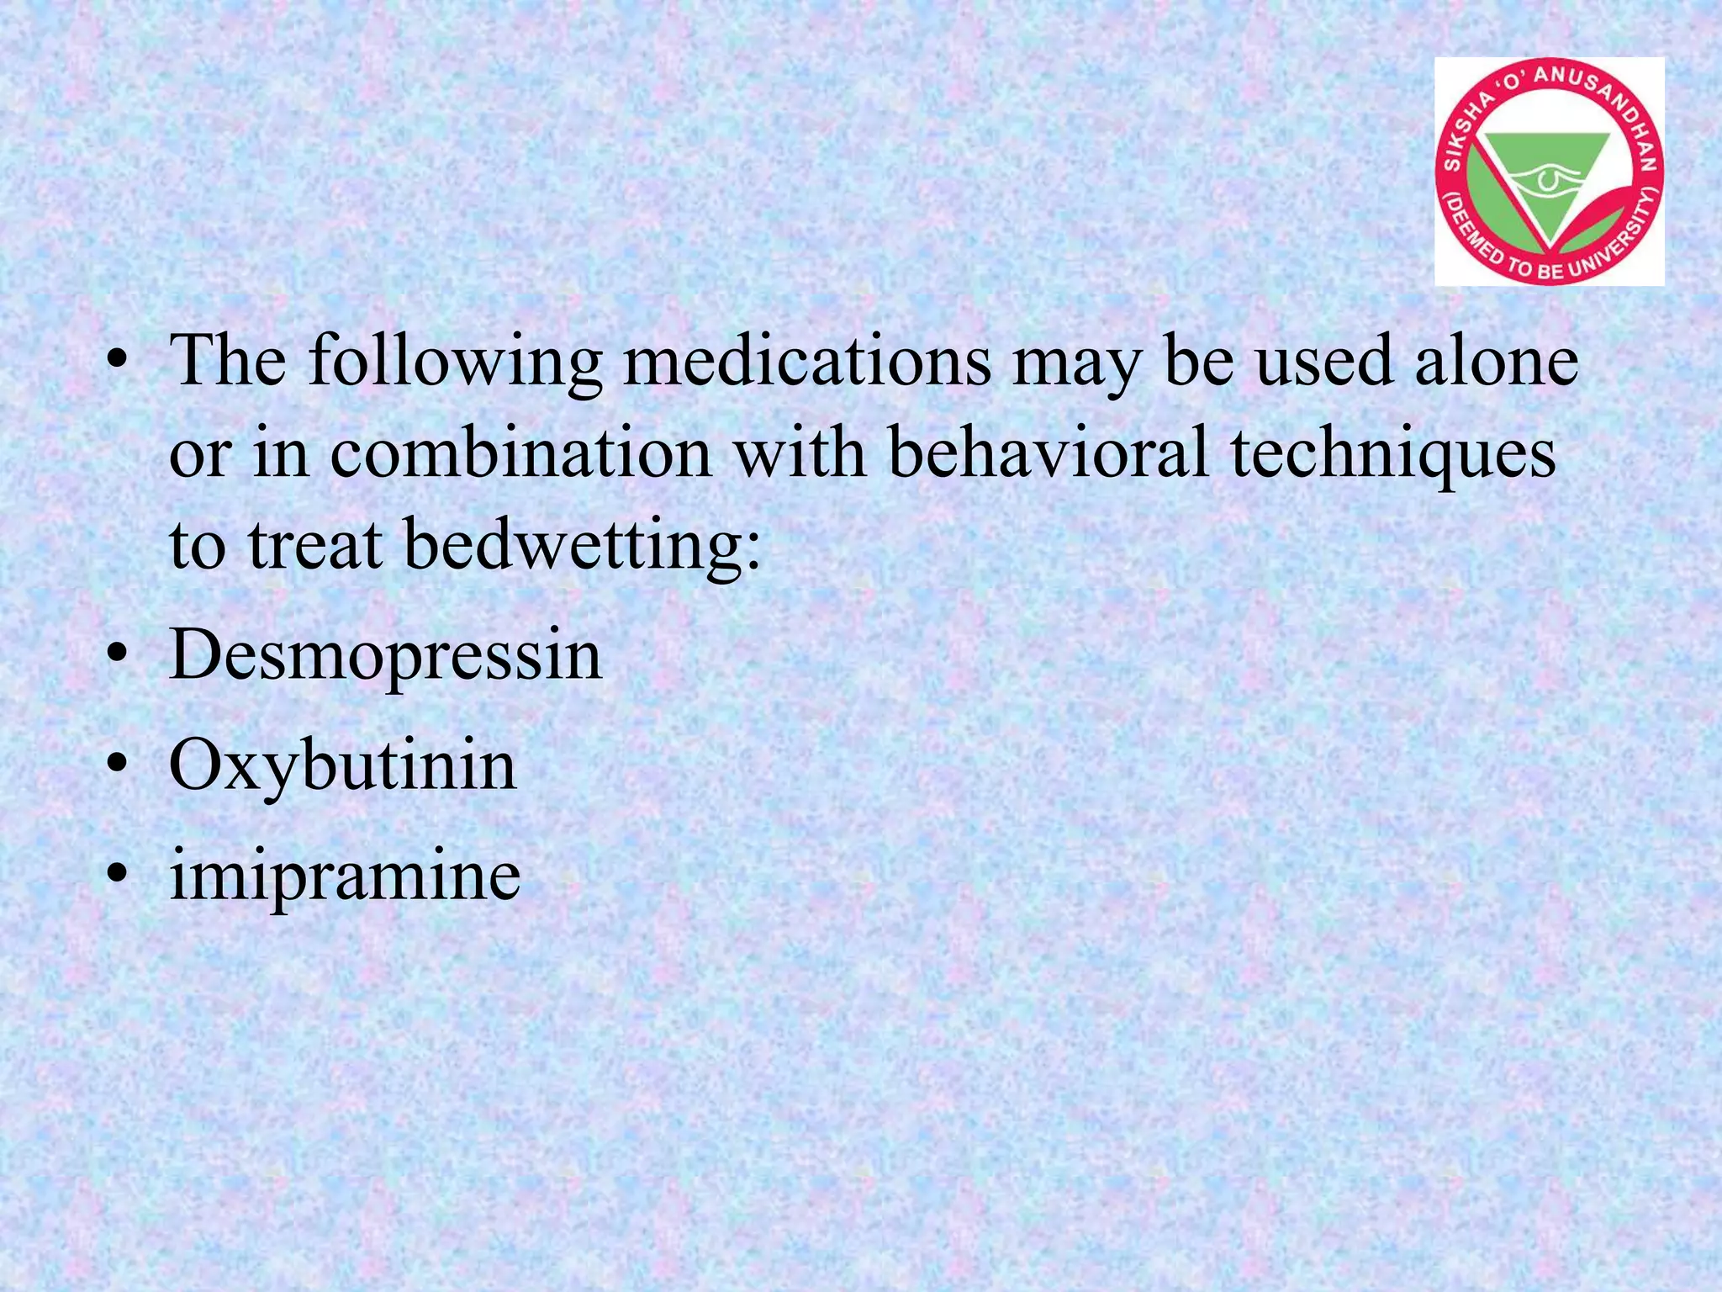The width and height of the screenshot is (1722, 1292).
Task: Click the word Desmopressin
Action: point(385,656)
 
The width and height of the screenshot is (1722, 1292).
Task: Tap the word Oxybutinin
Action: point(342,765)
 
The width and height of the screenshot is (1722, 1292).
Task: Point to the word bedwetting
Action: point(582,545)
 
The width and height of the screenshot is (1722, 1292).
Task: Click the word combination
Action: point(520,453)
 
